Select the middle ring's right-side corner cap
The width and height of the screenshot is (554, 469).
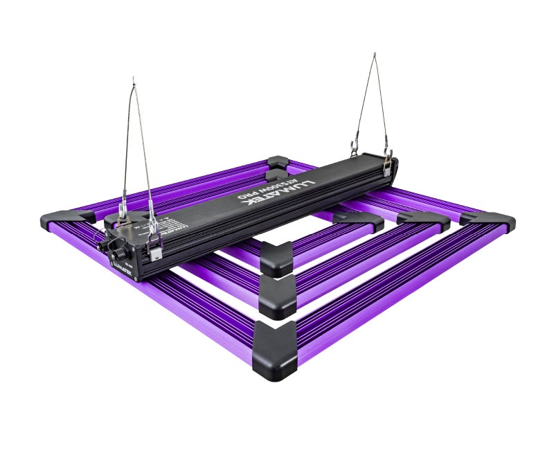pyautogui.click(x=423, y=221)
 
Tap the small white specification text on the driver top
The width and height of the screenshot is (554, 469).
pyautogui.click(x=156, y=223)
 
